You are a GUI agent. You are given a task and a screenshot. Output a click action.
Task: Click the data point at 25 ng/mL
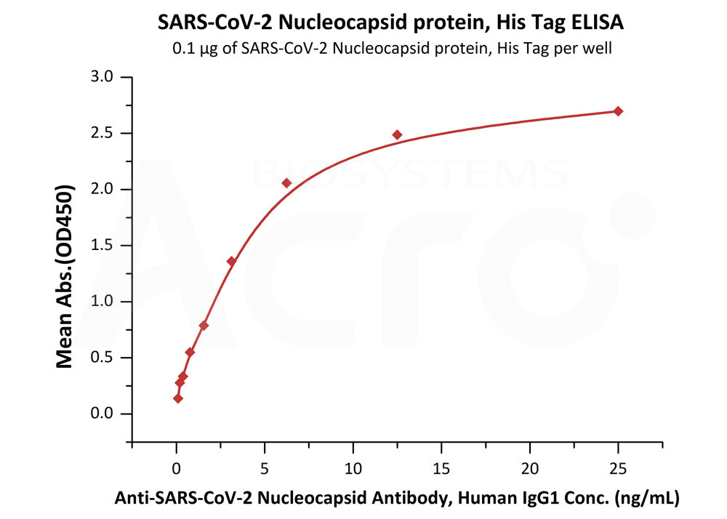[618, 111]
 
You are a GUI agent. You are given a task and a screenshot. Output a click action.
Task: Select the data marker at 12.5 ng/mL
[397, 134]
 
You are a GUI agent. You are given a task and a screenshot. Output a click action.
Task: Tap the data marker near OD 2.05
[286, 183]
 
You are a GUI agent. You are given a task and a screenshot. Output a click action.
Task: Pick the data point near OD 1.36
[231, 261]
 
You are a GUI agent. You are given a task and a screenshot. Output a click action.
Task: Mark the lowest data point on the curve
[178, 398]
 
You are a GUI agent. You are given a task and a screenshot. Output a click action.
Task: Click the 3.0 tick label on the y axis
[105, 77]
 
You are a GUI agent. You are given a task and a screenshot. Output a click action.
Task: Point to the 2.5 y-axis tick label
[105, 133]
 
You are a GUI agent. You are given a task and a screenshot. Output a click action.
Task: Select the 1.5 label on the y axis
[105, 246]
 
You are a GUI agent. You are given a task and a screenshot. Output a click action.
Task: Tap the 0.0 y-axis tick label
[105, 414]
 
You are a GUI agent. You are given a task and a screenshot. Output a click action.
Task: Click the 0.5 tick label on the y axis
[105, 358]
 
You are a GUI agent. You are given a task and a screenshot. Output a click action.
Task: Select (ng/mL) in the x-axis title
[647, 499]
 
